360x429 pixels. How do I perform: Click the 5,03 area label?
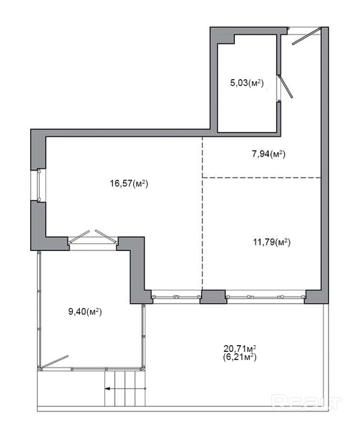pyautogui.click(x=247, y=83)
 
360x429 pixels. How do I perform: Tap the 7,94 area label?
pyautogui.click(x=268, y=154)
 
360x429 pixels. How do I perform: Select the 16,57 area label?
pyautogui.click(x=129, y=183)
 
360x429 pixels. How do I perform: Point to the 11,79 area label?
pyautogui.click(x=272, y=242)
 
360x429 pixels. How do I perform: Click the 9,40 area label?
pyautogui.click(x=85, y=311)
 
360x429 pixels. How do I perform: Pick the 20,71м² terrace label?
pyautogui.click(x=239, y=349)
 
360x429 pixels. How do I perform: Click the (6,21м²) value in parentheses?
pyautogui.click(x=239, y=357)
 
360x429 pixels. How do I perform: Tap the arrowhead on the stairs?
pyautogui.click(x=108, y=388)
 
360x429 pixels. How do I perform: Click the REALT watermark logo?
pyautogui.click(x=307, y=402)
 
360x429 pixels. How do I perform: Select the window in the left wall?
pyautogui.click(x=39, y=185)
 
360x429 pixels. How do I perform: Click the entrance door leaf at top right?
pyautogui.click(x=306, y=36)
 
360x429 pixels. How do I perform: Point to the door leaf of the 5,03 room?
pyautogui.click(x=285, y=86)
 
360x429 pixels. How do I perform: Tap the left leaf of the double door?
pyautogui.click(x=79, y=237)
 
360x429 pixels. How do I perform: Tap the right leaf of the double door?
pyautogui.click(x=106, y=236)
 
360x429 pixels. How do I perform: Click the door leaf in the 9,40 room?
pyautogui.click(x=54, y=361)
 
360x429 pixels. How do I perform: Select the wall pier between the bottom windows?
pyautogui.click(x=213, y=297)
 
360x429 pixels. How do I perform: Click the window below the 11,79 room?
pyautogui.click(x=265, y=297)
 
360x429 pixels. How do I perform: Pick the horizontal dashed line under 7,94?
pyautogui.click(x=261, y=178)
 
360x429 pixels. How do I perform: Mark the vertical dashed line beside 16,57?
pyautogui.click(x=202, y=213)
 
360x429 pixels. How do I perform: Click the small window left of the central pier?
pyautogui.click(x=176, y=297)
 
